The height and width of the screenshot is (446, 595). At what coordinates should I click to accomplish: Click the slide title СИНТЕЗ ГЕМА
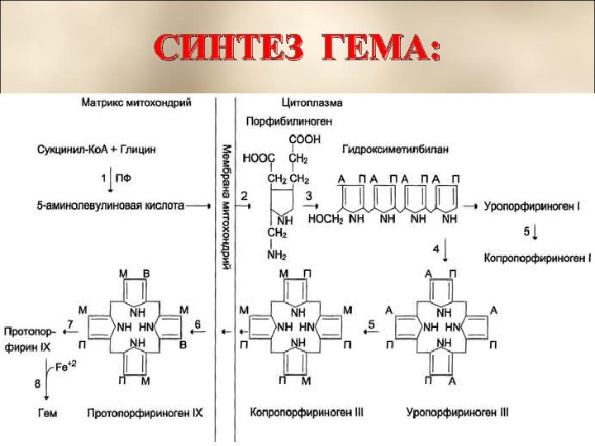297,50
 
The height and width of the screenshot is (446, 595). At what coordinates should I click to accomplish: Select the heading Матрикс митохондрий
136,104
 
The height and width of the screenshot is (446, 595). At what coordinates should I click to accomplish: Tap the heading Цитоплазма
313,104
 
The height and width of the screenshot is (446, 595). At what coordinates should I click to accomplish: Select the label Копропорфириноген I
537,258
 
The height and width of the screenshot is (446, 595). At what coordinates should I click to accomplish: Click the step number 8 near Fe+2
36,382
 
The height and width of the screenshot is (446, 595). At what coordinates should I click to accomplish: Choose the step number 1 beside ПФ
104,177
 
